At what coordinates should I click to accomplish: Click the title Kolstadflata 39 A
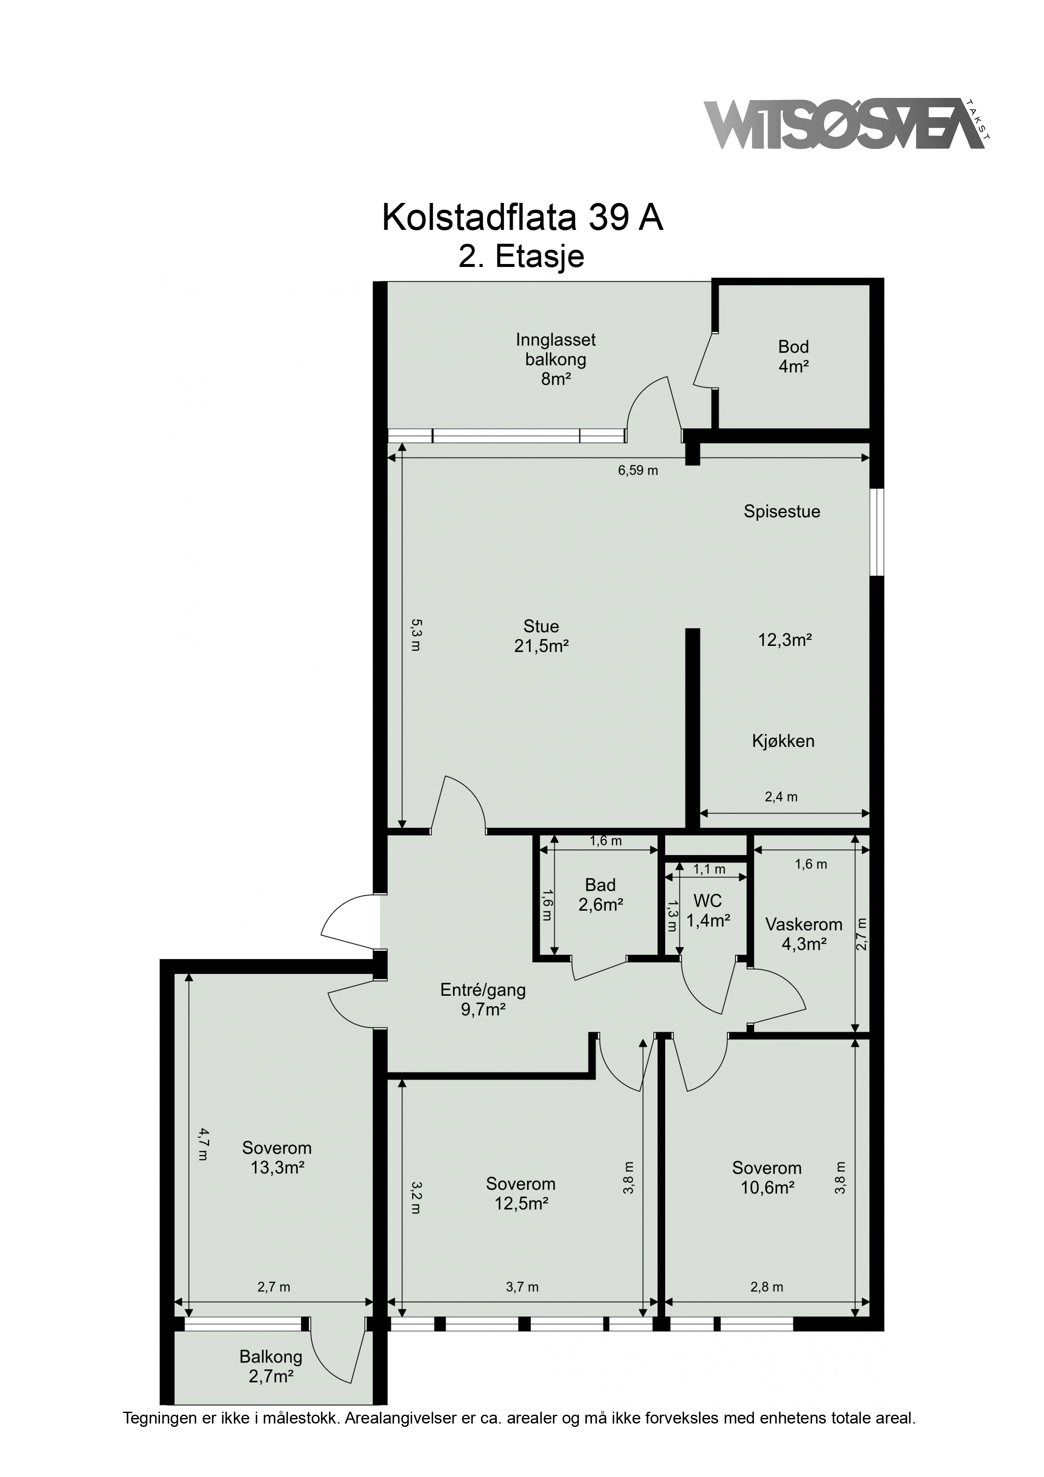pyautogui.click(x=522, y=218)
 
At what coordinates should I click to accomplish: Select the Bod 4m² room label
pyautogui.click(x=793, y=356)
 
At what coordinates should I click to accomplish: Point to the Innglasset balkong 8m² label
pyautogui.click(x=556, y=359)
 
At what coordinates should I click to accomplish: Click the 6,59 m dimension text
pyautogui.click(x=638, y=470)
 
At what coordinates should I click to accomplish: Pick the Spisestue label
pyautogui.click(x=782, y=512)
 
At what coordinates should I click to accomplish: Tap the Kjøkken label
pyautogui.click(x=783, y=741)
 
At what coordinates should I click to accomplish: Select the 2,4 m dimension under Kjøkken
pyautogui.click(x=781, y=797)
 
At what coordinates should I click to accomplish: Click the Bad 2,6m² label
pyautogui.click(x=600, y=895)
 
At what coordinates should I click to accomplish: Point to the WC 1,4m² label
pyautogui.click(x=708, y=910)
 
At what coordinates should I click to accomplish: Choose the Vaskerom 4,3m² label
pyautogui.click(x=804, y=934)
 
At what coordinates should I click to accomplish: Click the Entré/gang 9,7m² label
pyautogui.click(x=483, y=1000)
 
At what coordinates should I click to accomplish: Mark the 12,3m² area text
pyautogui.click(x=785, y=640)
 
